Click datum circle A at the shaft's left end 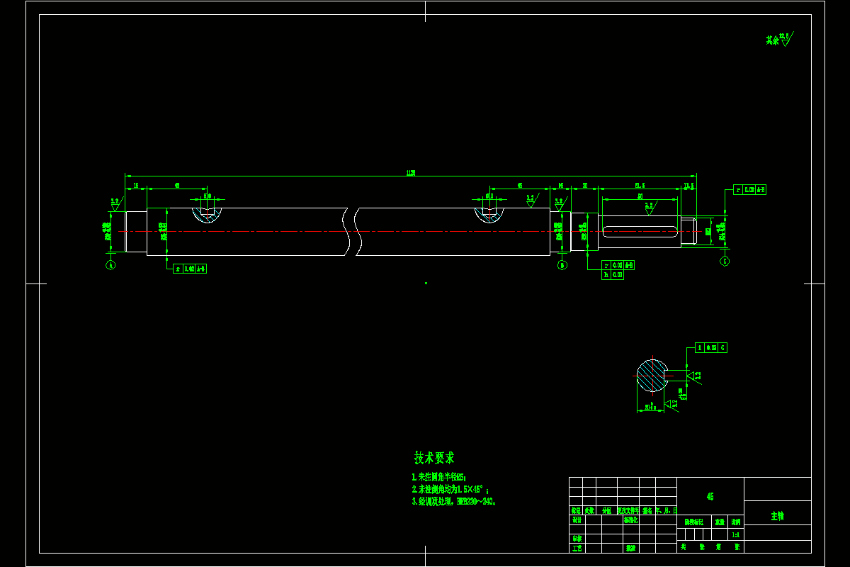pyautogui.click(x=110, y=265)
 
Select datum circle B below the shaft pyautogui.click(x=562, y=265)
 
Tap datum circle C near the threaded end pyautogui.click(x=725, y=261)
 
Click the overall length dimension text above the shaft pyautogui.click(x=410, y=172)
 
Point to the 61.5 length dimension pyautogui.click(x=640, y=186)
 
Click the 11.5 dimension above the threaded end pyautogui.click(x=688, y=186)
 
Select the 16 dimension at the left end pyautogui.click(x=135, y=186)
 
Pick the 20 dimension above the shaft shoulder pyautogui.click(x=585, y=186)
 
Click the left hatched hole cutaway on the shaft pyautogui.click(x=208, y=213)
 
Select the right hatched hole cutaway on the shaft pyautogui.click(x=489, y=213)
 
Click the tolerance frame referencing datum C pyautogui.click(x=711, y=348)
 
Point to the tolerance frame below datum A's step pyautogui.click(x=190, y=269)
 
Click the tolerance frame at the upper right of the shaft pyautogui.click(x=750, y=190)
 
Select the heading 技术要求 pyautogui.click(x=434, y=458)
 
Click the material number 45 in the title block pyautogui.click(x=710, y=497)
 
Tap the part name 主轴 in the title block pyautogui.click(x=777, y=517)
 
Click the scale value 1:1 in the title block pyautogui.click(x=736, y=535)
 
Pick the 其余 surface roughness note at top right pyautogui.click(x=778, y=40)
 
